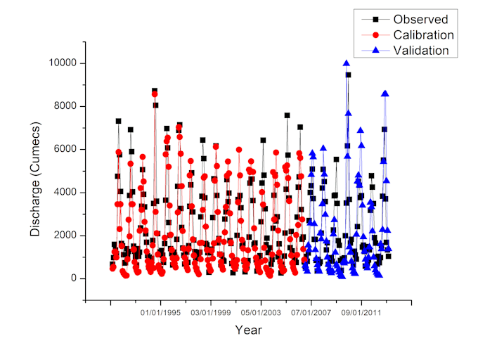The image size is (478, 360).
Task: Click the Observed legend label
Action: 420,19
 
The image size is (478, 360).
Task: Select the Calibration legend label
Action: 424,34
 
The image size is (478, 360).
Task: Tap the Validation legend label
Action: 421,51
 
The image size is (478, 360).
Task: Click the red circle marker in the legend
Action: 375,35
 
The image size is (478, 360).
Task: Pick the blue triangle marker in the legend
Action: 375,50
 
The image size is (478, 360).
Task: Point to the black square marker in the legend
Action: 375,19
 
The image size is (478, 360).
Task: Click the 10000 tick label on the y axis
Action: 63,63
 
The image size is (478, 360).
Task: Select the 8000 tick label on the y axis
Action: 65,106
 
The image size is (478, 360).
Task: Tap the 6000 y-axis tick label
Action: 65,149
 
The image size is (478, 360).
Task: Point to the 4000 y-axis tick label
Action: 65,193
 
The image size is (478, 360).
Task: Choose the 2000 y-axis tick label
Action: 65,236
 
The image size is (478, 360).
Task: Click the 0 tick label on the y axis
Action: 74,278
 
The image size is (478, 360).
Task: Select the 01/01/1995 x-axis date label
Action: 160,313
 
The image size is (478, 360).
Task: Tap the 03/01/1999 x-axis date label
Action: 211,313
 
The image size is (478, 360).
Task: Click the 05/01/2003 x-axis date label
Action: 261,313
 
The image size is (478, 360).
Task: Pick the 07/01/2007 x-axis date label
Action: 311,313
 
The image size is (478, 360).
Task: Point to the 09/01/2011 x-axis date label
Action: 361,313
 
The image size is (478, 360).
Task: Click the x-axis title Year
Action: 248,330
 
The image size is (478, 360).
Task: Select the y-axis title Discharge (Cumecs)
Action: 35,179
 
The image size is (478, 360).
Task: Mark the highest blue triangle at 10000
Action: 347,63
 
